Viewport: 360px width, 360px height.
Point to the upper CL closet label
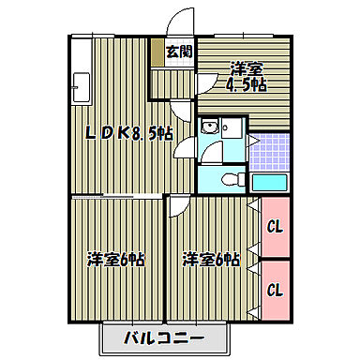point(275,225)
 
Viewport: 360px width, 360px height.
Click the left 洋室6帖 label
point(116,258)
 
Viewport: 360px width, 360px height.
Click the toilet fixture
point(231,178)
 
